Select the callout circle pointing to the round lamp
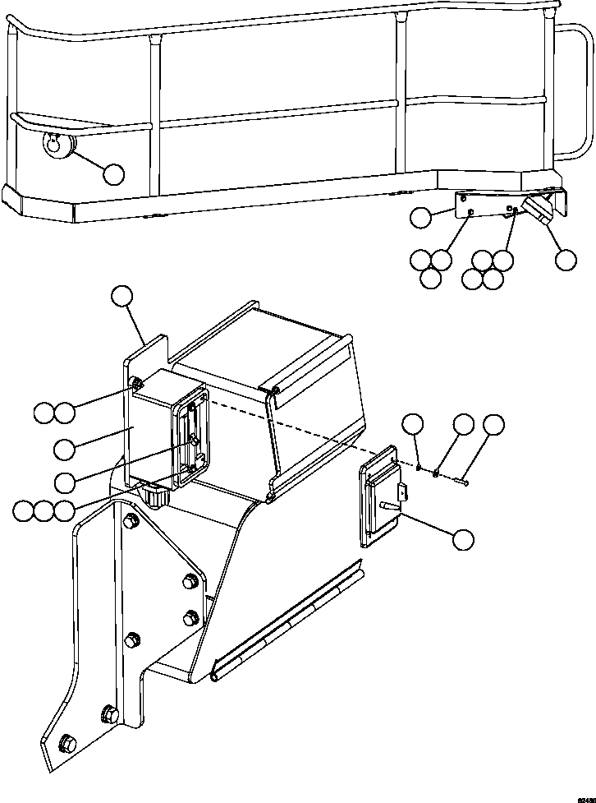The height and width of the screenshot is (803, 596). pos(113,173)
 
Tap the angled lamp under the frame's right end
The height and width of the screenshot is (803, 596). pos(543,208)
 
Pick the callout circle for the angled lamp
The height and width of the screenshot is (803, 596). pos(565,260)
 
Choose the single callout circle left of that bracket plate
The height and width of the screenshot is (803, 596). pos(420,217)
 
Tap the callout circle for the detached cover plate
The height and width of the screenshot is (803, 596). pos(463,539)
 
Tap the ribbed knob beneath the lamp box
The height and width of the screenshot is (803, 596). pos(154,496)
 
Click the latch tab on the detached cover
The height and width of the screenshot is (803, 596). pos(403,492)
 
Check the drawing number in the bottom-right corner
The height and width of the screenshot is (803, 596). pos(585,798)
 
